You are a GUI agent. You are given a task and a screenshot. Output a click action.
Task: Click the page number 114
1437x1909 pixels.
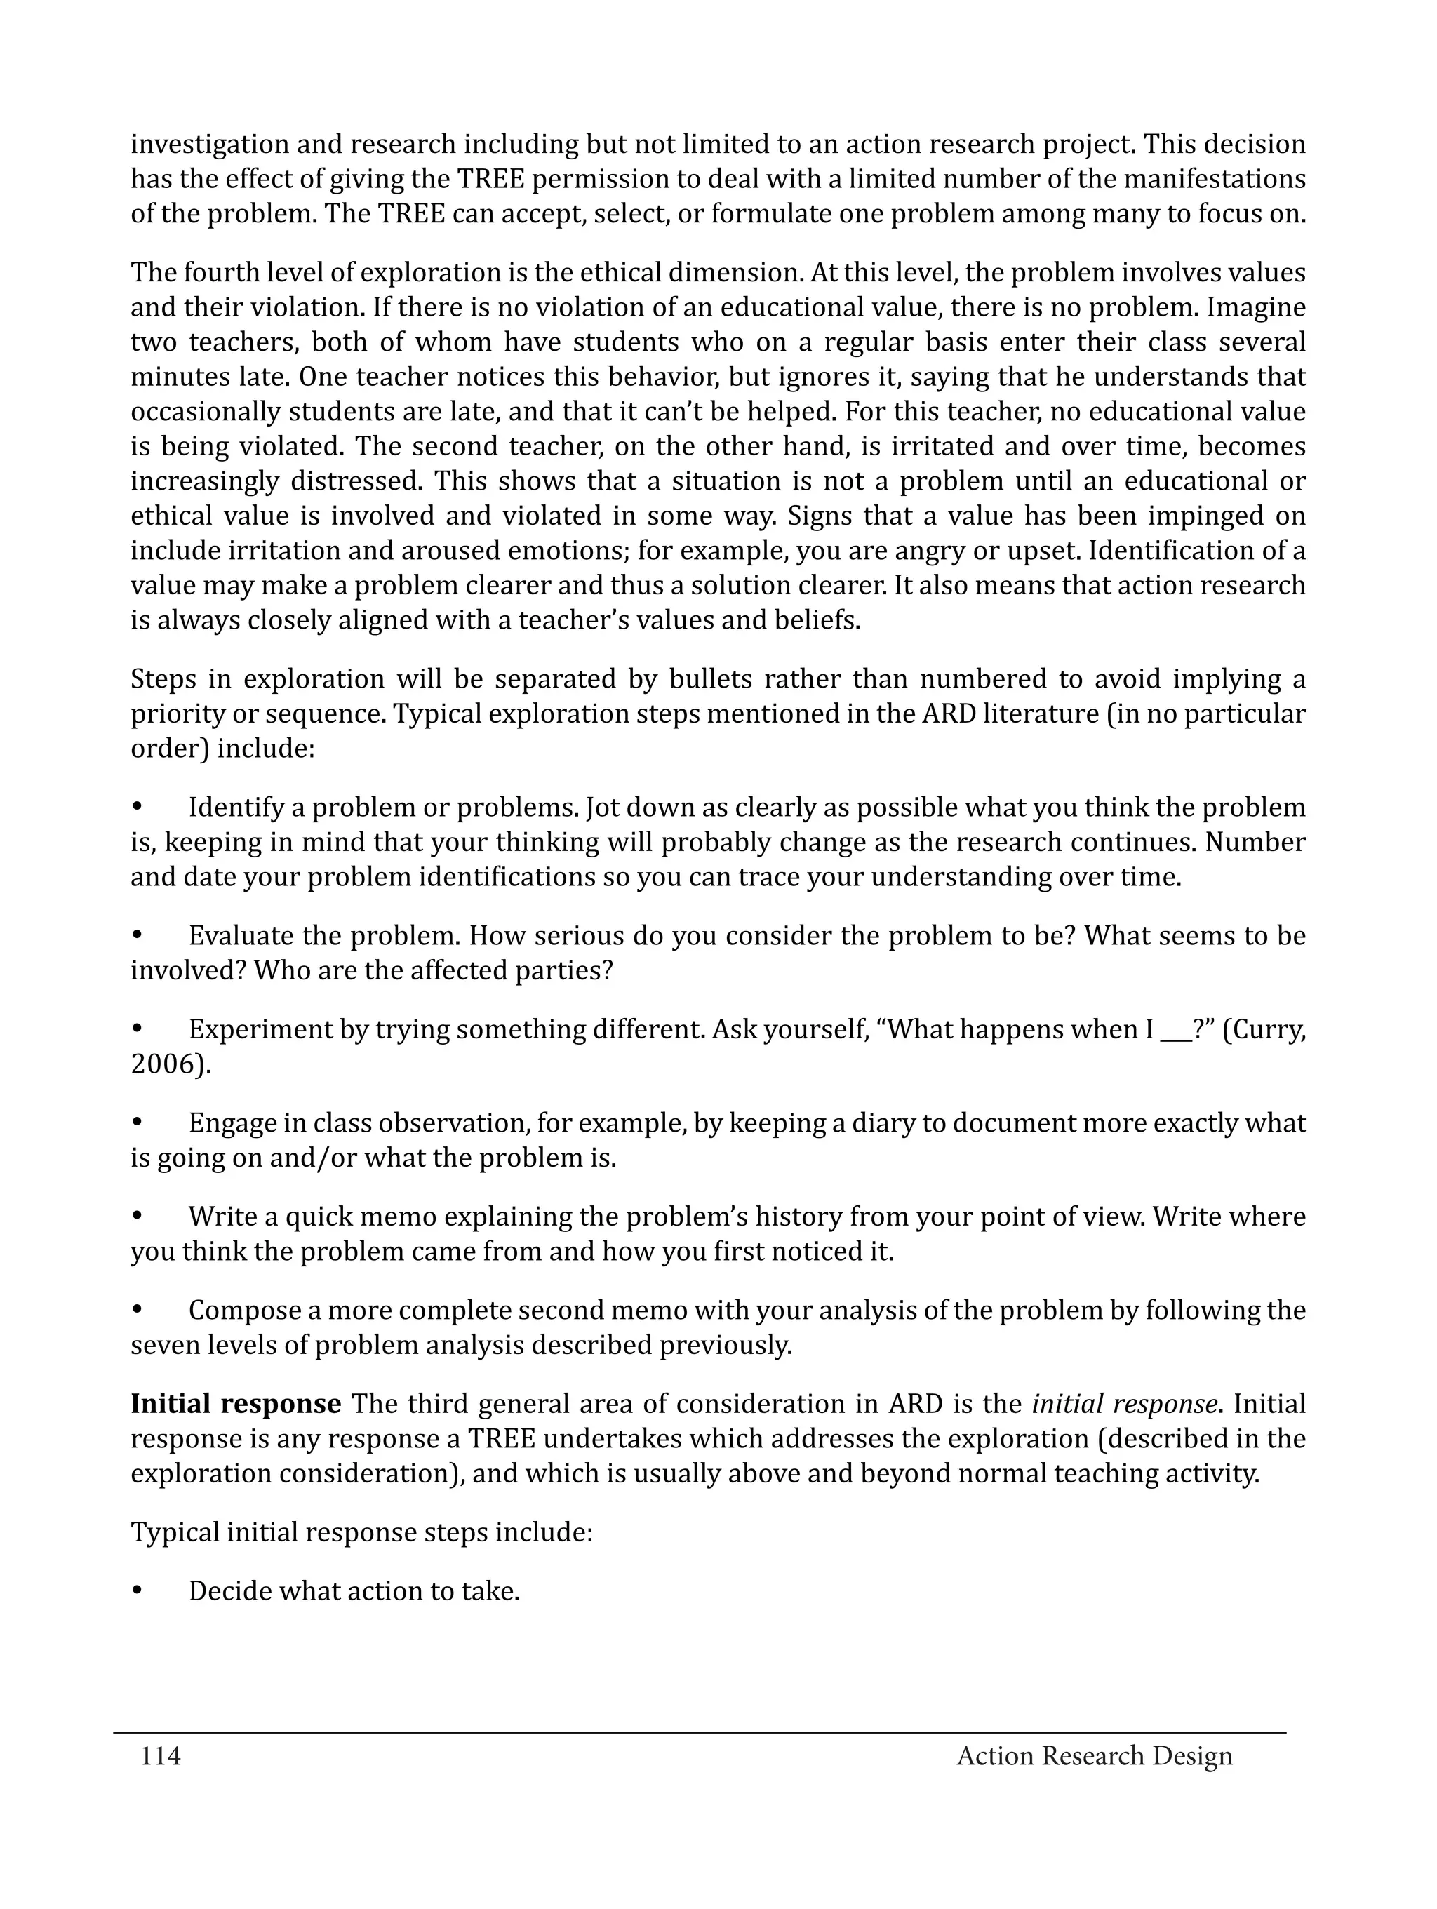(x=161, y=1756)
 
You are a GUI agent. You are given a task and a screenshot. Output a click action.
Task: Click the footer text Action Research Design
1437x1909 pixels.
(x=1095, y=1756)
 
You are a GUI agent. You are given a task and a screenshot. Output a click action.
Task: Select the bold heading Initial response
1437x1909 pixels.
(x=236, y=1404)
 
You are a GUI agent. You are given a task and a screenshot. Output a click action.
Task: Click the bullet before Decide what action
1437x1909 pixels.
(x=136, y=1591)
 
